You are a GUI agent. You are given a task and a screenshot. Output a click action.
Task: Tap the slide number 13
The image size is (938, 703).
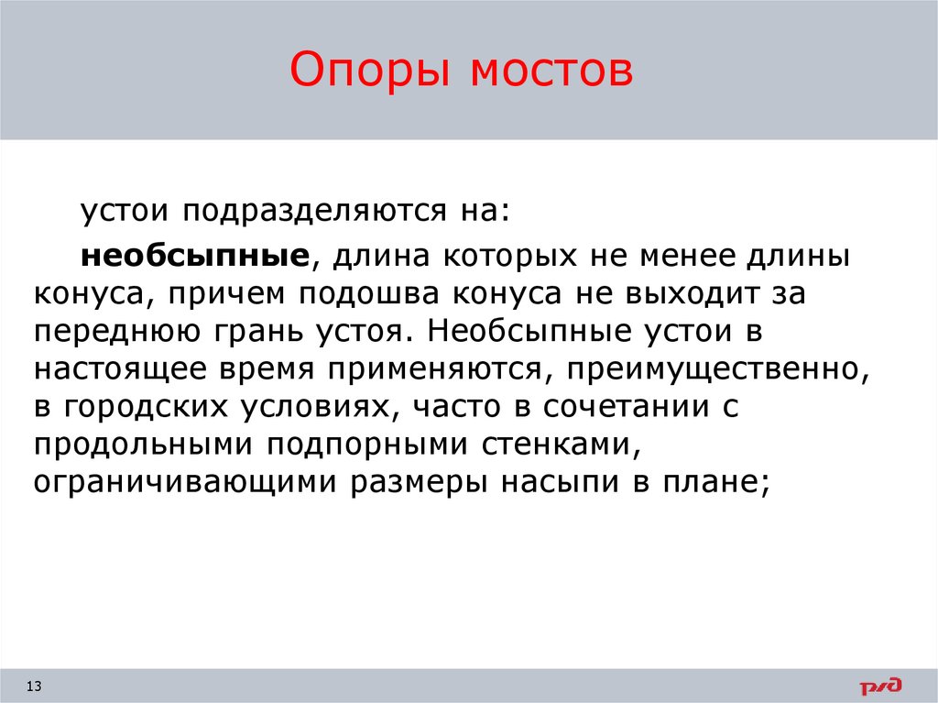tap(36, 686)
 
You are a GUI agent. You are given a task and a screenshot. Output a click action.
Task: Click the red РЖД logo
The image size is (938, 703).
tap(879, 685)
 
